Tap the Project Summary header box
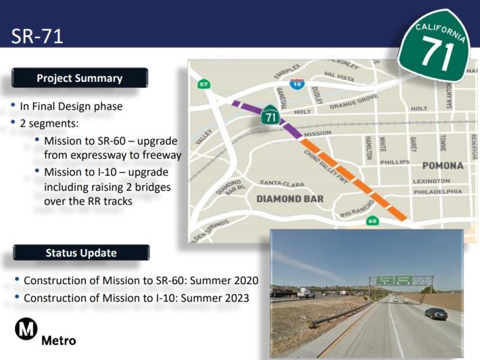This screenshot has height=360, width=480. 80,78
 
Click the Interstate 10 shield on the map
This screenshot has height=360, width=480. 296,84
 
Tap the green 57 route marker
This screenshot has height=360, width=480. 203,85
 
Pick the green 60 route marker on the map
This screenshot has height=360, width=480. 373,221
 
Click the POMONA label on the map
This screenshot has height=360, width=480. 442,166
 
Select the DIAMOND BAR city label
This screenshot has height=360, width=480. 289,199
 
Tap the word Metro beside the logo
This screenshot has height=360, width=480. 59,340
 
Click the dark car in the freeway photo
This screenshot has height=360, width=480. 436,313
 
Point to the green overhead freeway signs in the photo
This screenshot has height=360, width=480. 394,280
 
